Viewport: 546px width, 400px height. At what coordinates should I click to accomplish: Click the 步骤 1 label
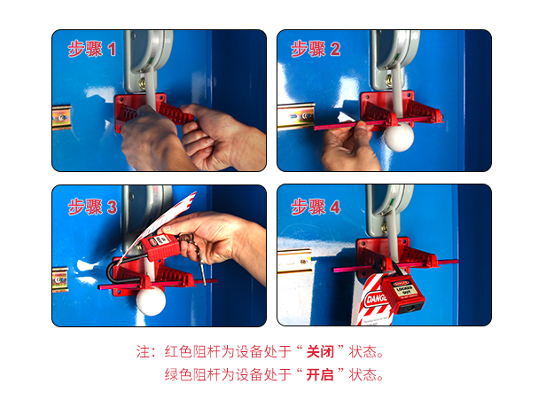[92, 49]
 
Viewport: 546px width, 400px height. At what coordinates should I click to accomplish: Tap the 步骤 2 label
[316, 49]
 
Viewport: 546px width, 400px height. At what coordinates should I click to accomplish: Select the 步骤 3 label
[92, 207]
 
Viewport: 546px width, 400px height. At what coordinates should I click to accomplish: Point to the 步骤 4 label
[316, 207]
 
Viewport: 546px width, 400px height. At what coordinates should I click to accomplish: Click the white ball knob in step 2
[399, 137]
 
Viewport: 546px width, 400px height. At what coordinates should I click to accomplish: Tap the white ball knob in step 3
[151, 301]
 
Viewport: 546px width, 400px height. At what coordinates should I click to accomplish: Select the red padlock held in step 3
[161, 247]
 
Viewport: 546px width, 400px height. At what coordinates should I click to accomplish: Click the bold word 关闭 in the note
[320, 351]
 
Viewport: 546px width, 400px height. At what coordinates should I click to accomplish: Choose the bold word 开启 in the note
[320, 375]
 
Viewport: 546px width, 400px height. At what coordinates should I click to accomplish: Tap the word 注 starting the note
[143, 351]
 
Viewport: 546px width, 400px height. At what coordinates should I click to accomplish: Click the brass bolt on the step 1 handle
[143, 83]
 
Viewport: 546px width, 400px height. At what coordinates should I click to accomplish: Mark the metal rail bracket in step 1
[62, 117]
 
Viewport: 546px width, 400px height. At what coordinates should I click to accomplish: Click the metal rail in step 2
[296, 116]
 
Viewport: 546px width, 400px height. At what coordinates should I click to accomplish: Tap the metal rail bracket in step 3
[60, 279]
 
